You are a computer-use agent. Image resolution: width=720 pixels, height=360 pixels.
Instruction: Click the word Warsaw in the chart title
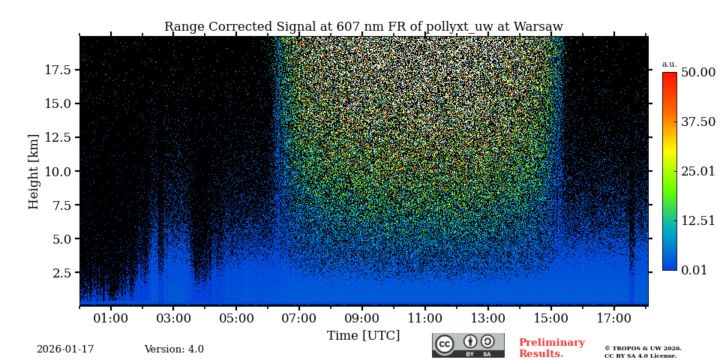(x=538, y=27)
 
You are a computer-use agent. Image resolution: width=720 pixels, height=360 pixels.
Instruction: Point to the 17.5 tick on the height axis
(x=58, y=70)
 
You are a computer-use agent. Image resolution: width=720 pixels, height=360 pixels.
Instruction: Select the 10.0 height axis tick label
(x=58, y=171)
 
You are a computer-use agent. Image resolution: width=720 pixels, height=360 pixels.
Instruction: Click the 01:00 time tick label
(x=111, y=319)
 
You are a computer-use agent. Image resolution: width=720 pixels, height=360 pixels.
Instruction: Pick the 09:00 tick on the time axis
(x=361, y=319)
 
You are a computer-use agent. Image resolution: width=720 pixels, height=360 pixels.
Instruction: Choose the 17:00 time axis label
(x=613, y=319)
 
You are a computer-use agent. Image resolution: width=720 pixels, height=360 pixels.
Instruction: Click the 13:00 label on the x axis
(x=487, y=319)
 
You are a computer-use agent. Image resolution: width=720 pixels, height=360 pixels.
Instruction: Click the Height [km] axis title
(x=34, y=171)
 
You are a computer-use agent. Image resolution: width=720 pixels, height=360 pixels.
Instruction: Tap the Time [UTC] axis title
(x=363, y=336)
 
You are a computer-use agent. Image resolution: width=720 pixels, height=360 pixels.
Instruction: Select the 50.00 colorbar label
(x=697, y=73)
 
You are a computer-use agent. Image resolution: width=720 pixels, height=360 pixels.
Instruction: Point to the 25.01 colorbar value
(x=697, y=172)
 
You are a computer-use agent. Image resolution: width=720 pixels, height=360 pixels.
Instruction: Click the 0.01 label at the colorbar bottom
(x=694, y=271)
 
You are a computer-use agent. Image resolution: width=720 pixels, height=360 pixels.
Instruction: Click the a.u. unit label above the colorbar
(x=669, y=64)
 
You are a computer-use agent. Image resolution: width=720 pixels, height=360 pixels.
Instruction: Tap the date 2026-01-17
(x=65, y=349)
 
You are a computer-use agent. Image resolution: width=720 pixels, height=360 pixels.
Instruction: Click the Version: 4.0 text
(x=174, y=349)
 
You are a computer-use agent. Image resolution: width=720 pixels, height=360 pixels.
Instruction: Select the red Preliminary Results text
(x=551, y=348)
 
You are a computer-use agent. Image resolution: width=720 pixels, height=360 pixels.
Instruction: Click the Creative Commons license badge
(x=468, y=345)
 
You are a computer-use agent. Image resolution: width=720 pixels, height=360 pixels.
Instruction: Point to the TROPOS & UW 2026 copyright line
(x=643, y=349)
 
